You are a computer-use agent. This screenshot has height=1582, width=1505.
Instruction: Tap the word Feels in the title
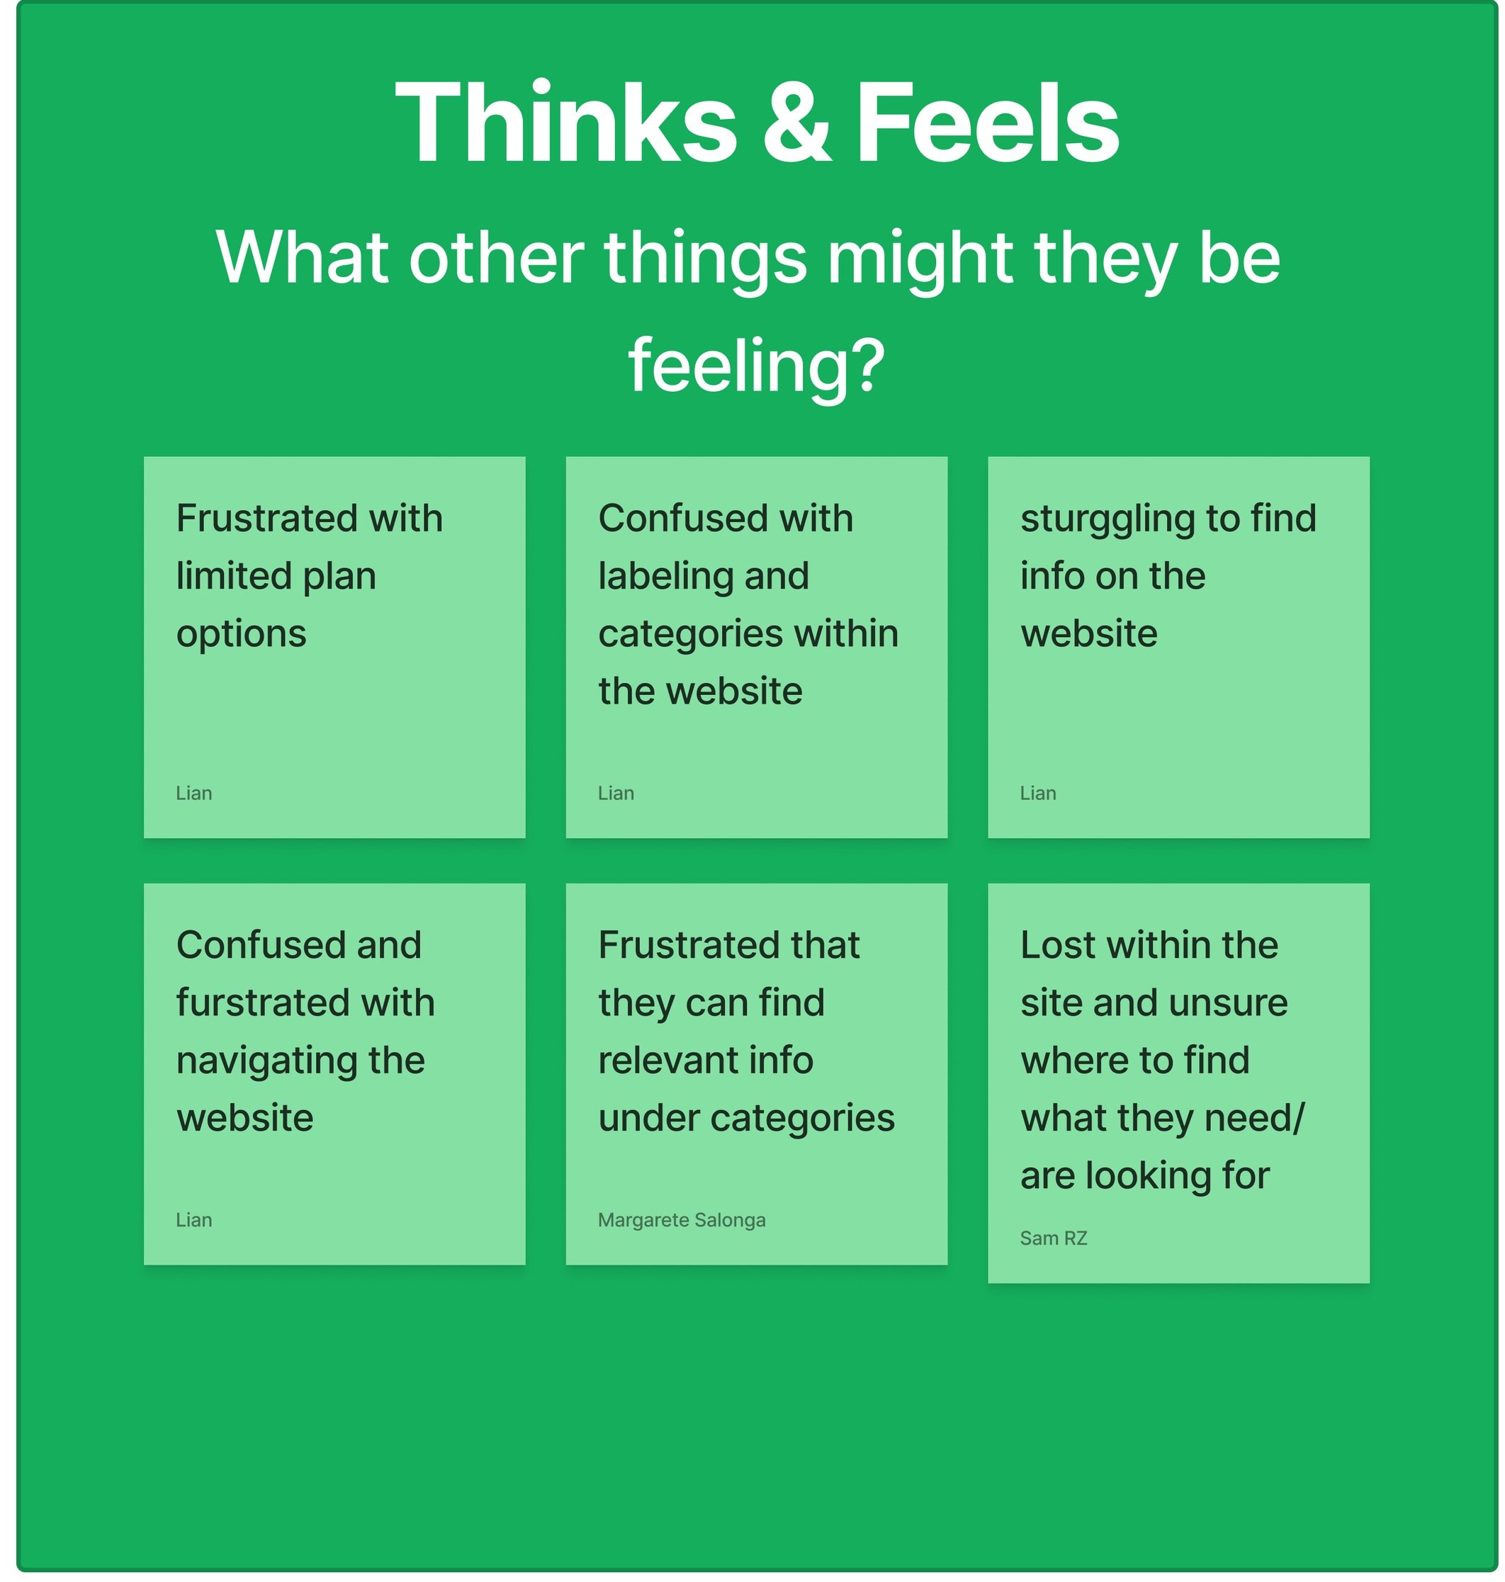click(x=988, y=123)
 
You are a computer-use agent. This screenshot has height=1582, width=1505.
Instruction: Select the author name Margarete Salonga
click(x=681, y=1220)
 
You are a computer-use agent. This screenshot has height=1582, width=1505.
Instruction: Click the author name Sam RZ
click(x=1054, y=1238)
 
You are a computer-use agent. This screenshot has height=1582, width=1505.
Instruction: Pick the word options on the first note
click(x=241, y=634)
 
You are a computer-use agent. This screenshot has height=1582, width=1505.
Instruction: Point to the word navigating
click(x=262, y=1061)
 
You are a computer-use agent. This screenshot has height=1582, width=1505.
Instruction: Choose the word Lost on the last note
click(x=1057, y=945)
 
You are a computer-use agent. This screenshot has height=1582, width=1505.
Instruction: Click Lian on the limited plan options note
click(x=194, y=793)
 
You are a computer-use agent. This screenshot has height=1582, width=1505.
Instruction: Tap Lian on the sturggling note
click(x=1038, y=793)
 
